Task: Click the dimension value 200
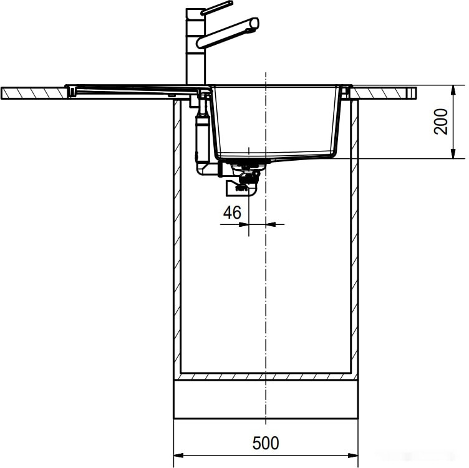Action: tap(442, 121)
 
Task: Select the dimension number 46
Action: tap(232, 213)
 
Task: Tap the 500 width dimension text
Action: tap(266, 443)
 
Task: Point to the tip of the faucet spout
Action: tap(253, 24)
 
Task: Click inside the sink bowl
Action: tap(274, 122)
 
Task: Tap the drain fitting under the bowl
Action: tap(248, 165)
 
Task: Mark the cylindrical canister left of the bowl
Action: tap(201, 137)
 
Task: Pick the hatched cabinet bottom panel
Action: tap(266, 377)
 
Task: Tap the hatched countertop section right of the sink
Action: tap(380, 92)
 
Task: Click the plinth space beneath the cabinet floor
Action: tap(266, 399)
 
